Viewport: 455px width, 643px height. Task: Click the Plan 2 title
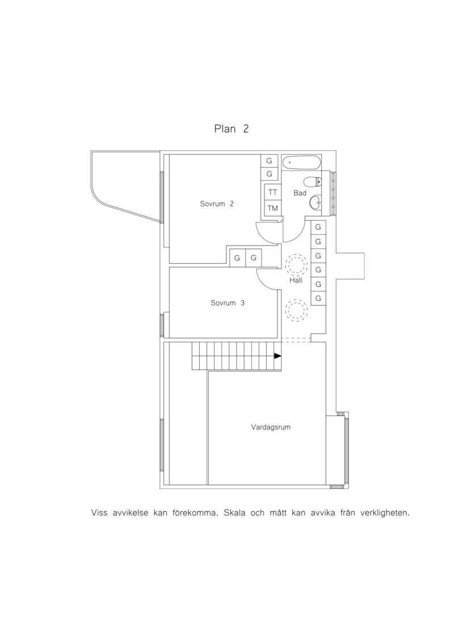click(x=231, y=128)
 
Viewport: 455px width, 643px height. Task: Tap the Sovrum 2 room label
click(x=217, y=204)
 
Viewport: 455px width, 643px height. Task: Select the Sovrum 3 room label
click(x=227, y=303)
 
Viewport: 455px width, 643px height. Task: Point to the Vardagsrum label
click(x=271, y=428)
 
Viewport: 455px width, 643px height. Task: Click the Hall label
click(x=296, y=280)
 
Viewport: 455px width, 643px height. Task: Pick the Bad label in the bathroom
click(x=300, y=193)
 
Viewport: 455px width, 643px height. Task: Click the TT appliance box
click(x=273, y=192)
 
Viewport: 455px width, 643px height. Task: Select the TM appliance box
click(x=273, y=208)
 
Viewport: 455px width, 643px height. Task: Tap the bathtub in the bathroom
click(x=301, y=163)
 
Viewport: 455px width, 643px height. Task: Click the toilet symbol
click(x=313, y=181)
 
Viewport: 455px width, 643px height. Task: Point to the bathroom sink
click(x=316, y=202)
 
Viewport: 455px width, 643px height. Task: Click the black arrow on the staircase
click(x=278, y=356)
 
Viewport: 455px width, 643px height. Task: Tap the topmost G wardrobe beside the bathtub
click(x=270, y=161)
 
